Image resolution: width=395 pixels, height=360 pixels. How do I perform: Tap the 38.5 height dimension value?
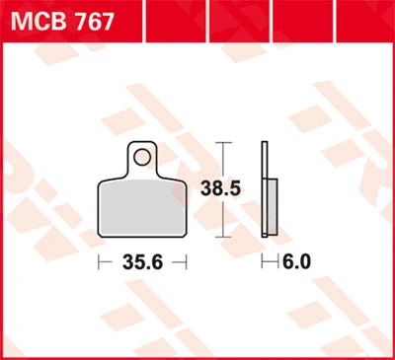click(x=221, y=188)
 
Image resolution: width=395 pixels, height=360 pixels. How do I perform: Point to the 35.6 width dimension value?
click(x=142, y=262)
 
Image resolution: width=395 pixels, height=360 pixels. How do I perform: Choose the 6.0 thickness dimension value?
click(x=296, y=262)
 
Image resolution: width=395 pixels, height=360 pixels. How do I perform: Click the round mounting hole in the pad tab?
click(x=142, y=157)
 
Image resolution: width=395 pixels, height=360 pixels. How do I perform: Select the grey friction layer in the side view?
click(x=273, y=207)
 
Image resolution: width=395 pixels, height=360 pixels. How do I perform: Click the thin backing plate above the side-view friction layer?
click(x=265, y=160)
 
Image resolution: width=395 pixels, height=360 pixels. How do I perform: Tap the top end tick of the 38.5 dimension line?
click(x=223, y=143)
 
